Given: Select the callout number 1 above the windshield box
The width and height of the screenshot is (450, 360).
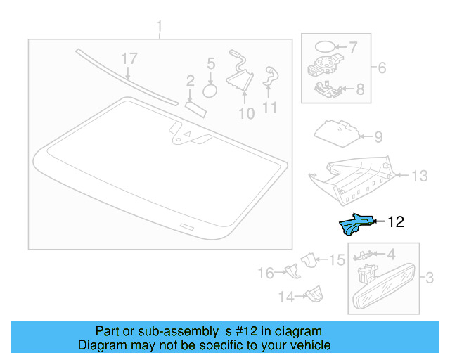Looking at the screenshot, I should pos(159,27).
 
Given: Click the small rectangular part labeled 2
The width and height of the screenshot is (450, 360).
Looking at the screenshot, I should pos(194,105).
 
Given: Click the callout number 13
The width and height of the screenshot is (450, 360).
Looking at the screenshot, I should pos(419,176).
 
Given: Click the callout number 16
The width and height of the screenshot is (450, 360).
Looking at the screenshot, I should pos(265,273).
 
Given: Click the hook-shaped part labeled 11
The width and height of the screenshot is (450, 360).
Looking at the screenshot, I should pos(269,76).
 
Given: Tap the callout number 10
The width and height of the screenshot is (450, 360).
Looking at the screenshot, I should pos(245,112).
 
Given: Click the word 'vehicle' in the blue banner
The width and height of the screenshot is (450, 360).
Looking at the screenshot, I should pos(307,345).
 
